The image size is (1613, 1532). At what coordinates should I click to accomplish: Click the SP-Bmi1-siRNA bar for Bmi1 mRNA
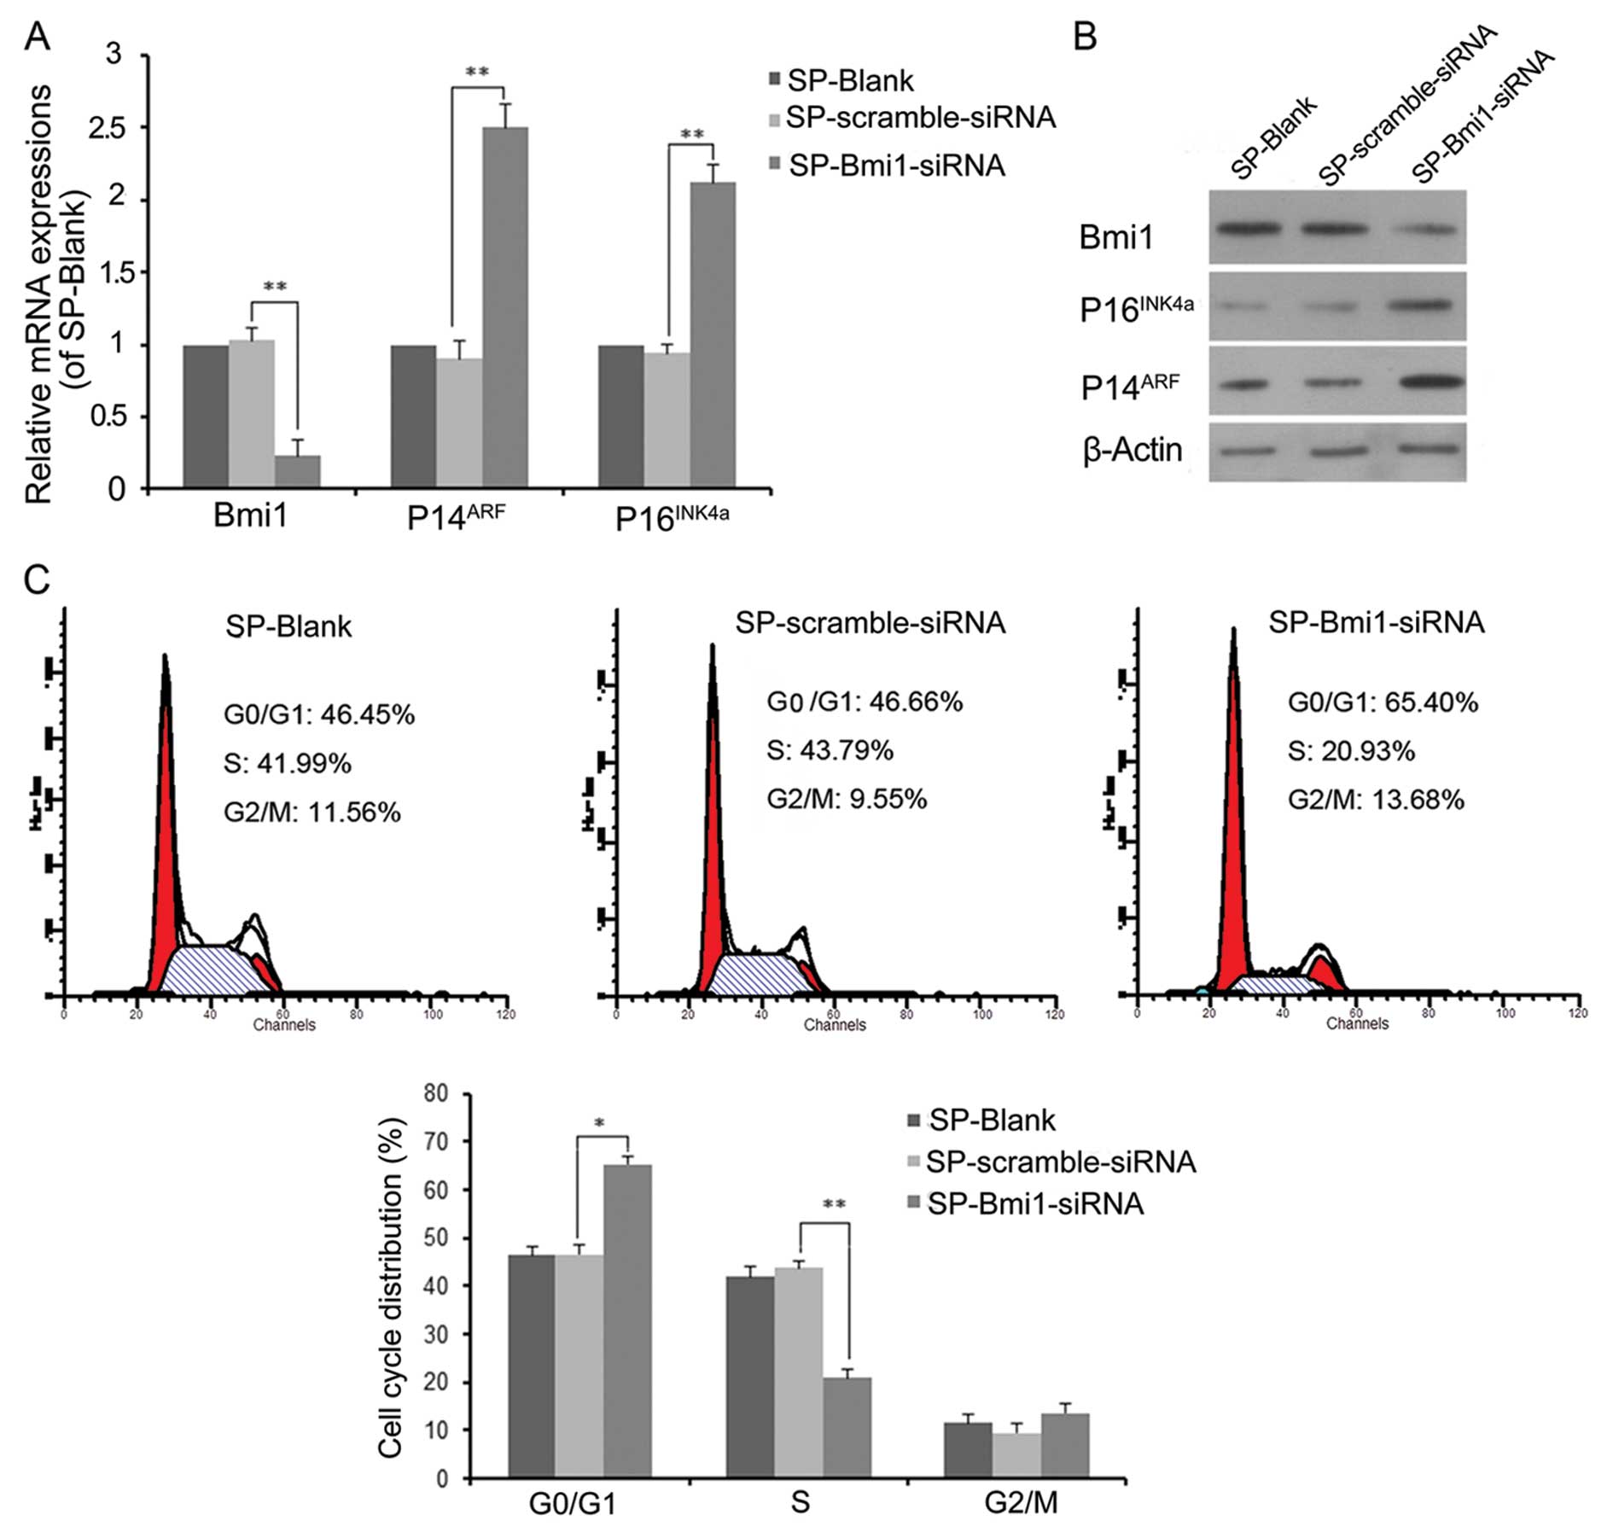(297, 471)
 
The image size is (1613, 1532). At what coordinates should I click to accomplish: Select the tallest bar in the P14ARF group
(504, 307)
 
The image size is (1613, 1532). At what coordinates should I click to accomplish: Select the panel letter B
(1085, 37)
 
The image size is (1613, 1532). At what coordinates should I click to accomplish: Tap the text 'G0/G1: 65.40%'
(1383, 702)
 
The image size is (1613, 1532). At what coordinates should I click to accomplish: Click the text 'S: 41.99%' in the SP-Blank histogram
(288, 763)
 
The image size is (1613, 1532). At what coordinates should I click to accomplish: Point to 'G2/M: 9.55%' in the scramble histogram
(847, 799)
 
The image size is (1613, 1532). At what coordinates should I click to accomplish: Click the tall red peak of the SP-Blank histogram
(166, 811)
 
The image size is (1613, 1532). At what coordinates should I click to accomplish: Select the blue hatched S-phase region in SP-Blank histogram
(209, 968)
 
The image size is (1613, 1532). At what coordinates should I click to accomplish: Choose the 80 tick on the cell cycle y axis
(436, 1093)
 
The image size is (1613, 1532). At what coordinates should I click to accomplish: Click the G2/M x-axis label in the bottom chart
(1021, 1502)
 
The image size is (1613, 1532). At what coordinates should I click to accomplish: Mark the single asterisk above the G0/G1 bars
(600, 1124)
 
